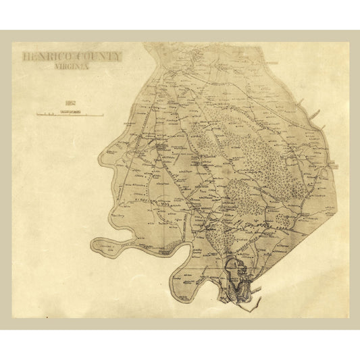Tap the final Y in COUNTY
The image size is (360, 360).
tap(118, 57)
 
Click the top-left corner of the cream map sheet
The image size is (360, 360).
tap(12, 43)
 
